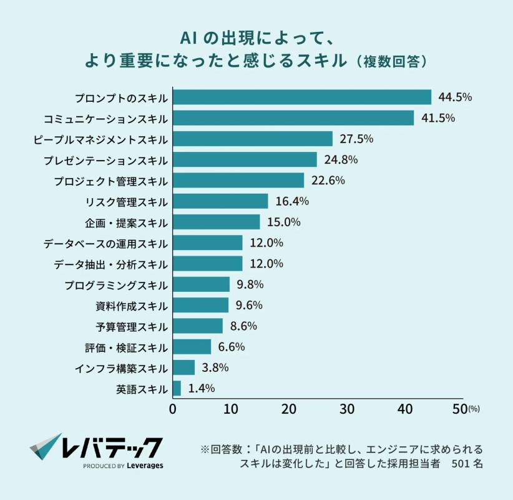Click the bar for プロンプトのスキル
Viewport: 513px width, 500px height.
coord(302,97)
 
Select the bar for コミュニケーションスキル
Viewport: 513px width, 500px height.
coord(293,118)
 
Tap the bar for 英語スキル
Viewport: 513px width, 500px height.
coord(177,388)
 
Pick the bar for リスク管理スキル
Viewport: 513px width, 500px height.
coord(220,201)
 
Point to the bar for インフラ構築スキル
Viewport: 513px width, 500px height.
coord(183,367)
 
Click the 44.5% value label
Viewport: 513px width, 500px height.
coord(455,97)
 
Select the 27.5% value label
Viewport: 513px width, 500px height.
coord(356,139)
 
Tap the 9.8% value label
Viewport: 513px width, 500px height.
coord(250,284)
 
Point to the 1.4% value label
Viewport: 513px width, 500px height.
coord(201,388)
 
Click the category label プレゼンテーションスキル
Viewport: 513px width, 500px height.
coord(105,160)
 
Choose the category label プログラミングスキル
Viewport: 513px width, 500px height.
coord(116,285)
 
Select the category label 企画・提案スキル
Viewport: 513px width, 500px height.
coord(127,222)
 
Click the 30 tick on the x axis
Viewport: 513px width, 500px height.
coord(347,409)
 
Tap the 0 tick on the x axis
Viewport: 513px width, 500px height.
coord(173,409)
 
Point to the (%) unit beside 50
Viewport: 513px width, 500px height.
coord(474,410)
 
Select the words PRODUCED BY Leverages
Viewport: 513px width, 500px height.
coord(123,466)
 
